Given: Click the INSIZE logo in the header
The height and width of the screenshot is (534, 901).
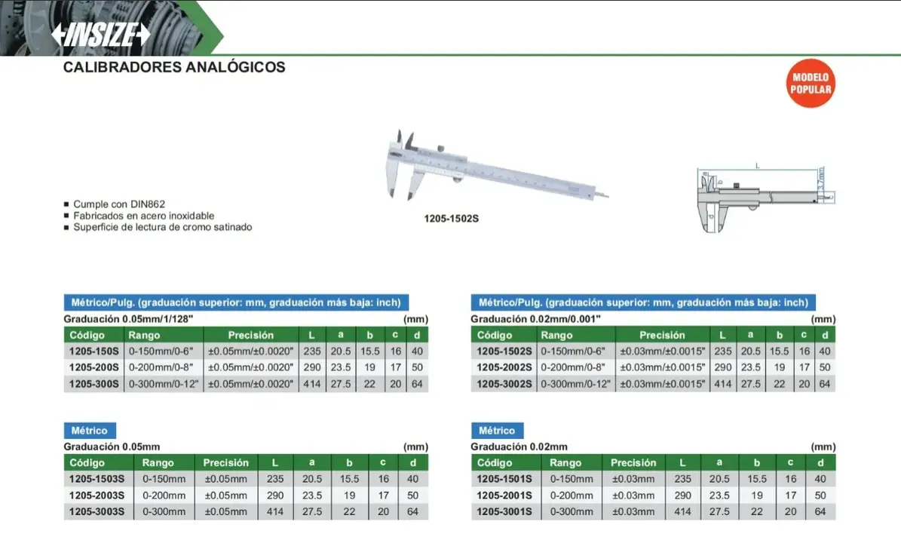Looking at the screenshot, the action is tap(100, 35).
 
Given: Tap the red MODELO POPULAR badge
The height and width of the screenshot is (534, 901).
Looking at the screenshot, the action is tap(811, 84).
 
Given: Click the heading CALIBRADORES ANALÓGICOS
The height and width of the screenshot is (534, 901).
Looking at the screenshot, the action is tap(174, 67).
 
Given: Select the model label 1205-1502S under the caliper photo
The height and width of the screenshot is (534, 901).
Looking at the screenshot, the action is tap(451, 219).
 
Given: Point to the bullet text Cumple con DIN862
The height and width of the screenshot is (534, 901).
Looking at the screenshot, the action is tap(119, 204).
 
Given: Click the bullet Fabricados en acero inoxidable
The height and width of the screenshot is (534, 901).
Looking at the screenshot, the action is tap(144, 216).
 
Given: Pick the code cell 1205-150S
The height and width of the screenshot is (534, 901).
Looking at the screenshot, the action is tap(93, 351).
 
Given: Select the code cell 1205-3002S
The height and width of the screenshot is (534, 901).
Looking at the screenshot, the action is tap(504, 384).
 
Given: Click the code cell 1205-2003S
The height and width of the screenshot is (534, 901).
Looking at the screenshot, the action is tap(97, 496).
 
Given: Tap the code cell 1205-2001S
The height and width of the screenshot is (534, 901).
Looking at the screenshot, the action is tap(504, 496).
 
